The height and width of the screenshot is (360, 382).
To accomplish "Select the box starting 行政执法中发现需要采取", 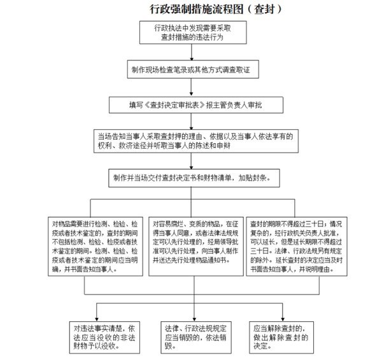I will coord(191,33).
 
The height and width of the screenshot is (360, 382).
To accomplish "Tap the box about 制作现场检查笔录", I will coord(191,68).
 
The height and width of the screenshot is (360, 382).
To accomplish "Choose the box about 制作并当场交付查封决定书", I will coord(191,178).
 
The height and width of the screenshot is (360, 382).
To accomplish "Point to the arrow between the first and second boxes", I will coord(191,52).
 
